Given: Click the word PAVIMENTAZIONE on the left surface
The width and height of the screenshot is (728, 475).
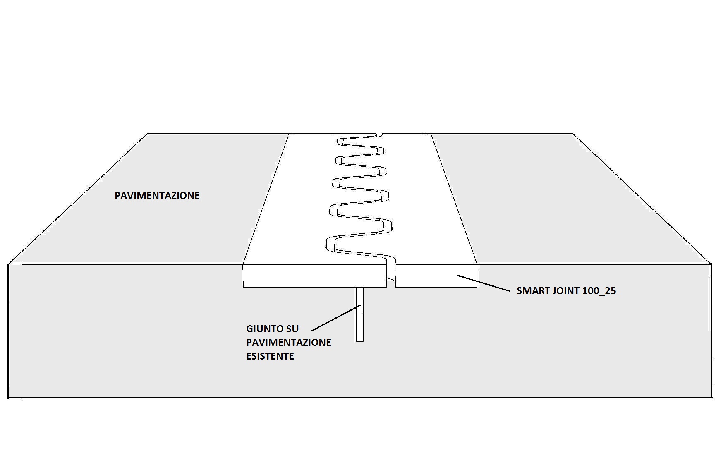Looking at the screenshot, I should (157, 196).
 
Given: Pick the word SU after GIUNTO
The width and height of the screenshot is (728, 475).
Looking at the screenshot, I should (292, 329).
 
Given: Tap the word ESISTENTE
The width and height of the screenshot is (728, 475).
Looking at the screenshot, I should (270, 356).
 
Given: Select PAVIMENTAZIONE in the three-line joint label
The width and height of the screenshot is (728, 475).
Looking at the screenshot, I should (288, 343).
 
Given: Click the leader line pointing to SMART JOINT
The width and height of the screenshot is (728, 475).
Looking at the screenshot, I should (483, 283).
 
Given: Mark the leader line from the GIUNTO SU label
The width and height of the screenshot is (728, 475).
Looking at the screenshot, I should (336, 318).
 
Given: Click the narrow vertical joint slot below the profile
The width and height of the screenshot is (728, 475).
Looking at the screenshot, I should (360, 314).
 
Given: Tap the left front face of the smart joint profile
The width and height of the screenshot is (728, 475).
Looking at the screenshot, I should (314, 276).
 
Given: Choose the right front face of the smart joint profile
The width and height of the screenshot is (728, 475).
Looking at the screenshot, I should (436, 276).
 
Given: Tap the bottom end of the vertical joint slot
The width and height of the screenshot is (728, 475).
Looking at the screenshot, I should (360, 341).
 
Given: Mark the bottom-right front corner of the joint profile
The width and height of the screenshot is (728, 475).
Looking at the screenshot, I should (477, 286).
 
